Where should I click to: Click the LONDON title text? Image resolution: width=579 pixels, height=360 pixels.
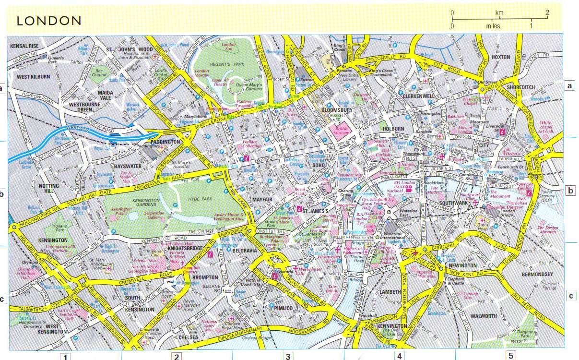click(49, 21)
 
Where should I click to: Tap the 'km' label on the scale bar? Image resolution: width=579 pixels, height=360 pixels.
click(499, 12)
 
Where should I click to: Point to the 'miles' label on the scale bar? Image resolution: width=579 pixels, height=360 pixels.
click(492, 26)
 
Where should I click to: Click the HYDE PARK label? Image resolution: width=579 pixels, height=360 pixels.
click(199, 198)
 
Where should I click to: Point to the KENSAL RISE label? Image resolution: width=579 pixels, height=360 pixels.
click(23, 46)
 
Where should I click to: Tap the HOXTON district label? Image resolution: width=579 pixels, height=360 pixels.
click(501, 57)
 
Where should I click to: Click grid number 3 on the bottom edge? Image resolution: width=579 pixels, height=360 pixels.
click(287, 356)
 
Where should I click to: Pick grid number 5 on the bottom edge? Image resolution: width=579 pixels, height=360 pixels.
click(510, 356)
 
